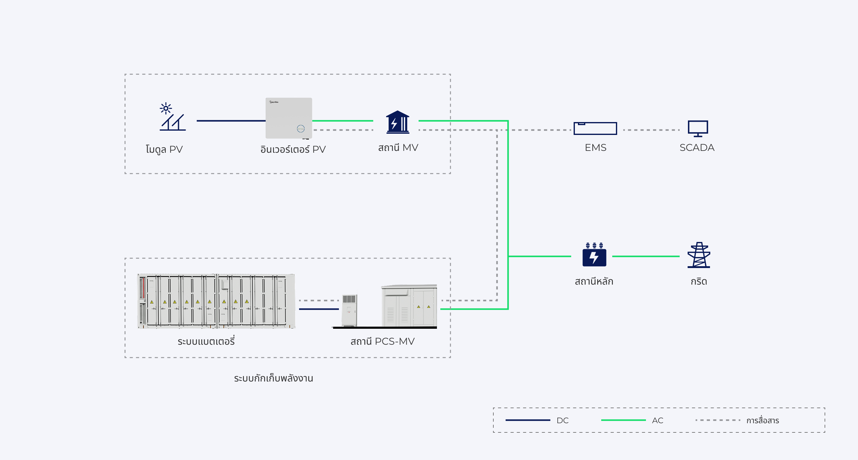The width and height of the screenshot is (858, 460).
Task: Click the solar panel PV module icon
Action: [x=172, y=117]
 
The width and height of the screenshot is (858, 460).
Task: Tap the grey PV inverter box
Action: [x=288, y=118]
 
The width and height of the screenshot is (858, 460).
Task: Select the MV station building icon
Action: [x=397, y=122]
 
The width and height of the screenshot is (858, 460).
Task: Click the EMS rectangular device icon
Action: [x=595, y=128]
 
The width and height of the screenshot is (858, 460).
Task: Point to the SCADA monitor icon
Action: [x=698, y=128]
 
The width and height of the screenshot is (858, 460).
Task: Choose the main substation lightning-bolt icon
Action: [x=594, y=255]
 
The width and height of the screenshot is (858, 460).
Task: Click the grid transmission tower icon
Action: [x=699, y=255]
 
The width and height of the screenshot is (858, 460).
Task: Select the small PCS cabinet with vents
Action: [x=349, y=310]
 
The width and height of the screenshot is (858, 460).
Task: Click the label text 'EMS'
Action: [x=595, y=148]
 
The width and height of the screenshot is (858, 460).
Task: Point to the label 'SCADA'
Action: [x=697, y=148]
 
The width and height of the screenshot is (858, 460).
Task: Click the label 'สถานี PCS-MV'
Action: [x=382, y=341]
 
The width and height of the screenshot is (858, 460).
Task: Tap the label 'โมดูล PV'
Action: [x=164, y=149]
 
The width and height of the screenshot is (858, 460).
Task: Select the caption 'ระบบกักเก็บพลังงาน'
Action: [x=273, y=378]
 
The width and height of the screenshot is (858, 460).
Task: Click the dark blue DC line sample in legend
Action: [x=528, y=420]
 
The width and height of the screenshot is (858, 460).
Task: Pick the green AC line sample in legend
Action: [x=623, y=420]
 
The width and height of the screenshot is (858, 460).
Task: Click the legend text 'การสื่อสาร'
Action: [x=762, y=420]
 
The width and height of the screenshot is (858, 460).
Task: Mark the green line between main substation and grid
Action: [x=646, y=256]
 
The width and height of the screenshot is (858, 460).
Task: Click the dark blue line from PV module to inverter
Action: [x=231, y=121]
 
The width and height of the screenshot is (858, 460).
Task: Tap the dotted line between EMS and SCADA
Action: [x=651, y=130]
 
